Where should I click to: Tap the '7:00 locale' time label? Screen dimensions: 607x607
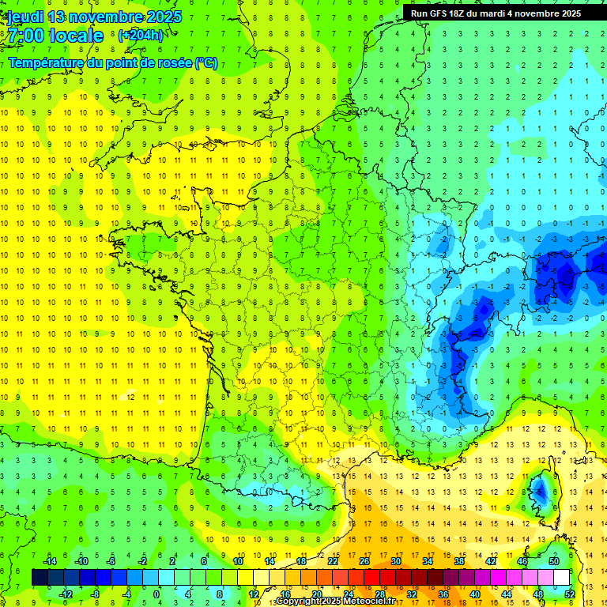[x=55, y=36]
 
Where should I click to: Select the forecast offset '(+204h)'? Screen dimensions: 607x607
[x=141, y=36]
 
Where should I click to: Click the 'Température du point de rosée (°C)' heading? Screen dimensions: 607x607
[x=113, y=62]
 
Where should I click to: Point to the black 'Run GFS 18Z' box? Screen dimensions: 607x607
[x=496, y=13]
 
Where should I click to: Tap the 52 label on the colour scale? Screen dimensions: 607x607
[x=569, y=594]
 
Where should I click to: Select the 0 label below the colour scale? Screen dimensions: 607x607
[x=156, y=594]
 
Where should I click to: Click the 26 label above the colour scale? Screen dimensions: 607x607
[x=364, y=561]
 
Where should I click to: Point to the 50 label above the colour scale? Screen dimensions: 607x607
[x=553, y=561]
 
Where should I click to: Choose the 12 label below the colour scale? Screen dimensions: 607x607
[x=253, y=594]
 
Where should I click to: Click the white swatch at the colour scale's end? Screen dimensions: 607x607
[x=561, y=578]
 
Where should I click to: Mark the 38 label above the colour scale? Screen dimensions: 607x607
[x=458, y=561]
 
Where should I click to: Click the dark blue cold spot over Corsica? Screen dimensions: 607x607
[x=541, y=492]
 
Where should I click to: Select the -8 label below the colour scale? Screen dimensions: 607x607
[x=96, y=594]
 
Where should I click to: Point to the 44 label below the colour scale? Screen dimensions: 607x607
[x=506, y=594]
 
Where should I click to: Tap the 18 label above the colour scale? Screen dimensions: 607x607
[x=300, y=561]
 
